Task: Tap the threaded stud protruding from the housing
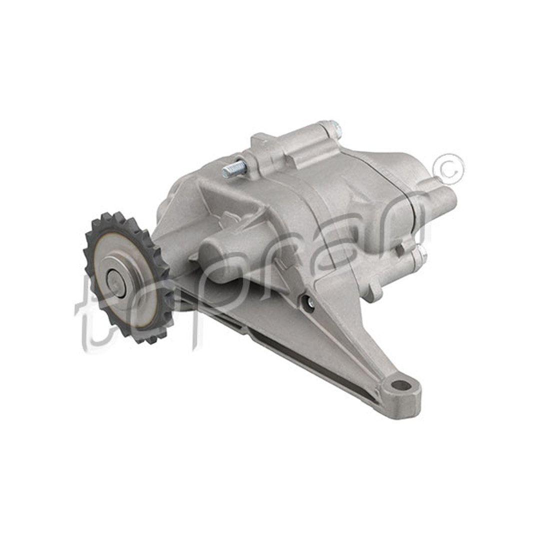tap(234, 168)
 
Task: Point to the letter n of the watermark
tap(403, 220)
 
